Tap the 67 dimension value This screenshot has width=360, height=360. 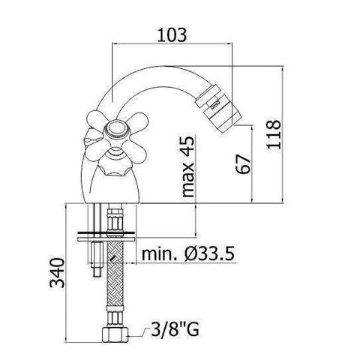coord(241,163)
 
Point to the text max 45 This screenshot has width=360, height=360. coord(188,167)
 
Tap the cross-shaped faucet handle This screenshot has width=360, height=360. coord(114,133)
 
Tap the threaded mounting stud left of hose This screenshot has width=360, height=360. coord(95,259)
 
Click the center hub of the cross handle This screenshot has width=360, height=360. coord(114,133)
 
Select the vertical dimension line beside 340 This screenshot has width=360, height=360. coord(65,274)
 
